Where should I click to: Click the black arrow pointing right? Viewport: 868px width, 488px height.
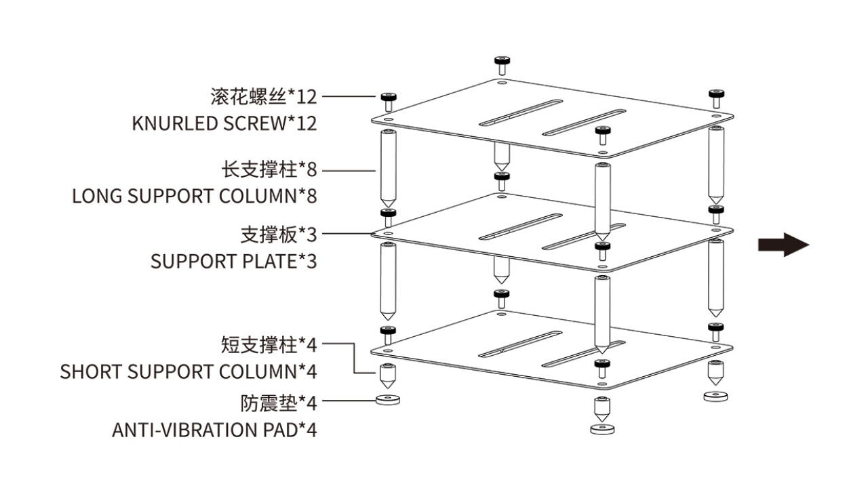783,245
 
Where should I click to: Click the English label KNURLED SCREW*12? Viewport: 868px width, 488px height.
224,124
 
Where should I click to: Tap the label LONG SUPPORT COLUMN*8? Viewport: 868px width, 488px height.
195,197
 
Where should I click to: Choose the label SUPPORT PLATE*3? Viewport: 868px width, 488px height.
233,262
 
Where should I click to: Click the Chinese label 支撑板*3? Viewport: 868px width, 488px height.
279,235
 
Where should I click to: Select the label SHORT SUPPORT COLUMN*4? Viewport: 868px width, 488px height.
189,372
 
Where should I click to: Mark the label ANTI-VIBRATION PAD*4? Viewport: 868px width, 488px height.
214,430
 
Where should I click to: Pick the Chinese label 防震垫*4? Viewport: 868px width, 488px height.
279,403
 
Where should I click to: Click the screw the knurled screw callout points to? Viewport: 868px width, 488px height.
388,101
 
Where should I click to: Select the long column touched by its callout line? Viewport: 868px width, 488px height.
388,169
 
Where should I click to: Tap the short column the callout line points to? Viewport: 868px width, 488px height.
388,374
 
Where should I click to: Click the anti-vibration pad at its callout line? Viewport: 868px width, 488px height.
388,400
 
